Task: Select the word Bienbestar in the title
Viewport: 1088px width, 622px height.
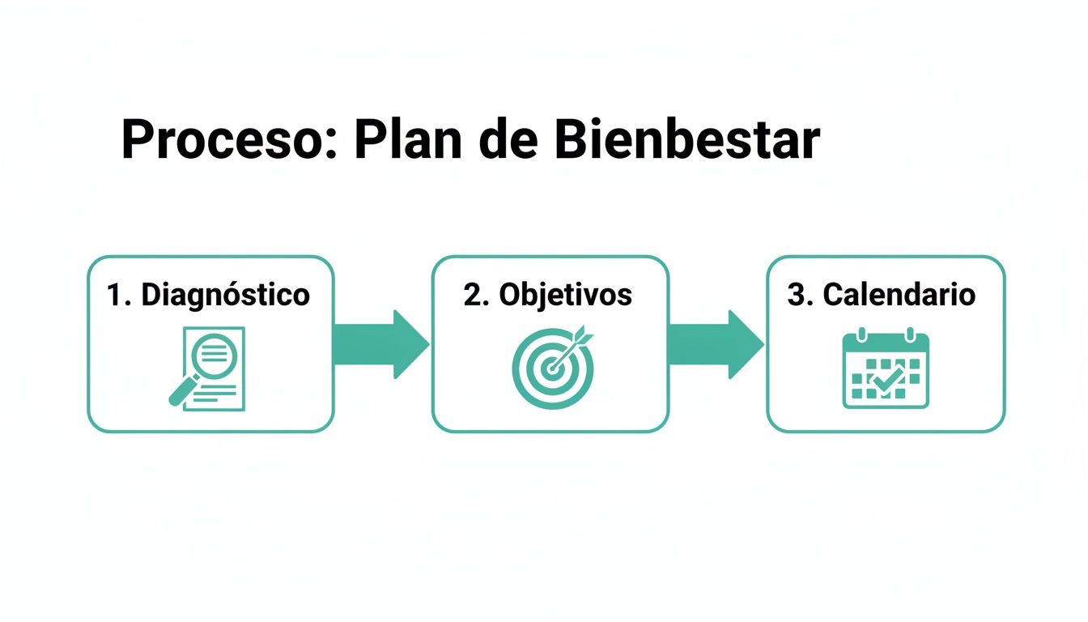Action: click(x=687, y=139)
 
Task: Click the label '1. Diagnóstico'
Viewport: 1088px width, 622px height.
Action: click(x=209, y=295)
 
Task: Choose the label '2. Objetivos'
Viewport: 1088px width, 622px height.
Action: click(x=548, y=295)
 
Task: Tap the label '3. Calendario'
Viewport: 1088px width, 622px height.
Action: click(x=881, y=295)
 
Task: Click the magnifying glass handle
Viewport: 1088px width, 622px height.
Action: click(x=181, y=393)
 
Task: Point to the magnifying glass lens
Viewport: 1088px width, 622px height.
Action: click(x=213, y=354)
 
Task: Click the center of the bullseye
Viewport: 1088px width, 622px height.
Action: click(x=552, y=369)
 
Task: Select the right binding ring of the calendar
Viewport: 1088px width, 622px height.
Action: click(x=910, y=334)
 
